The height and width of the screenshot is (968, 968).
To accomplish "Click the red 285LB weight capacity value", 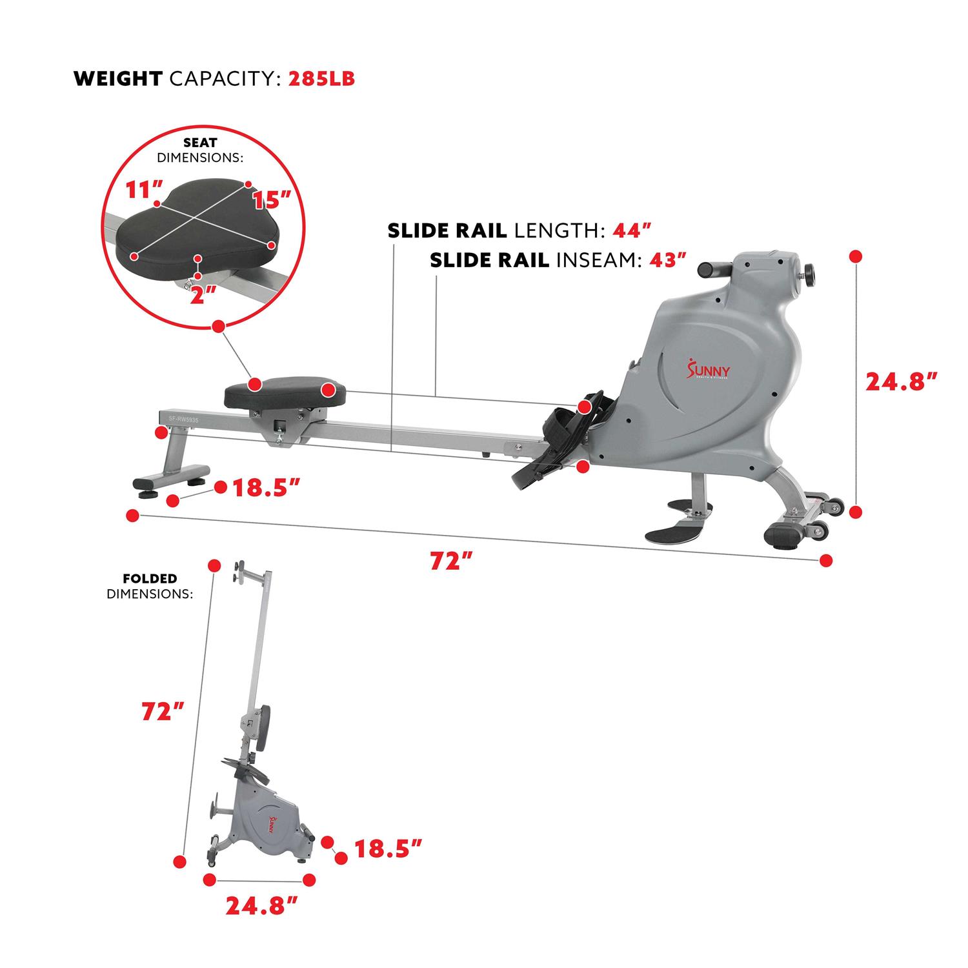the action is coord(321,79).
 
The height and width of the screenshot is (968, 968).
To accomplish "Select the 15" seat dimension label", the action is coord(269,200).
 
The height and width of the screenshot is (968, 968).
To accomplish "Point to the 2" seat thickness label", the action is coord(201,296).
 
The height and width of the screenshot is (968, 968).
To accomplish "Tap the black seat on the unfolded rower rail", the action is coord(285,395).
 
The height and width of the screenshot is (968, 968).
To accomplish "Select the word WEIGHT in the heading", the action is coord(118,79).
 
